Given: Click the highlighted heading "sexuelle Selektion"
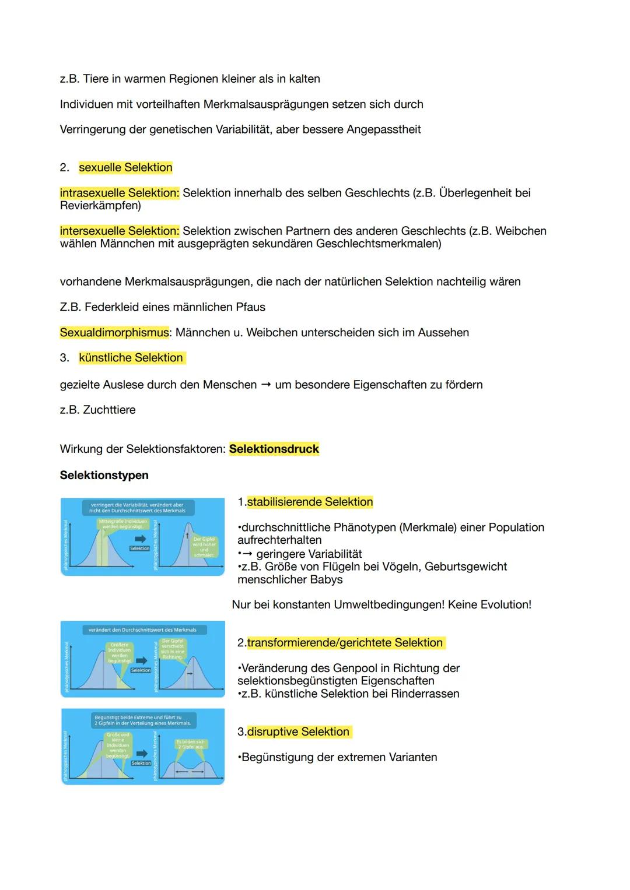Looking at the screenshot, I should pyautogui.click(x=125, y=168).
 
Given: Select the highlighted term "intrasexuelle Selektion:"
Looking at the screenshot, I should pyautogui.click(x=120, y=193).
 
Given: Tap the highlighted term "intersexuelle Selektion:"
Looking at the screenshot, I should pyautogui.click(x=120, y=231).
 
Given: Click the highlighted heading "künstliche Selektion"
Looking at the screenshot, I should pyautogui.click(x=131, y=358).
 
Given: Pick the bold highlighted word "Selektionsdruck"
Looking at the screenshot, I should pyautogui.click(x=274, y=449).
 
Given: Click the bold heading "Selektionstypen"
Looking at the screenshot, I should pyautogui.click(x=104, y=476).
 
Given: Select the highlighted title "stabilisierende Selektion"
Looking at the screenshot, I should pyautogui.click(x=309, y=502).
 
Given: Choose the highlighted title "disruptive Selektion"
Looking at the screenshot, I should pyautogui.click(x=297, y=732).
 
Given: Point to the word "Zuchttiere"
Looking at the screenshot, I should pyautogui.click(x=109, y=410).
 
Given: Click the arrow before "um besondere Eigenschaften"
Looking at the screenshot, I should pyautogui.click(x=265, y=385).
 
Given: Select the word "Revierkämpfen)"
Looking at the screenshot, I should pyautogui.click(x=100, y=206).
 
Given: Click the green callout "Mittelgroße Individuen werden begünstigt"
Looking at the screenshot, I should pyautogui.click(x=123, y=523).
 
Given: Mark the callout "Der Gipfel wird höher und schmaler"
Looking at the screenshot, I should pyautogui.click(x=204, y=547).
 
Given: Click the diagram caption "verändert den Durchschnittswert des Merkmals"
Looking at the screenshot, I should pyautogui.click(x=142, y=629).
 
